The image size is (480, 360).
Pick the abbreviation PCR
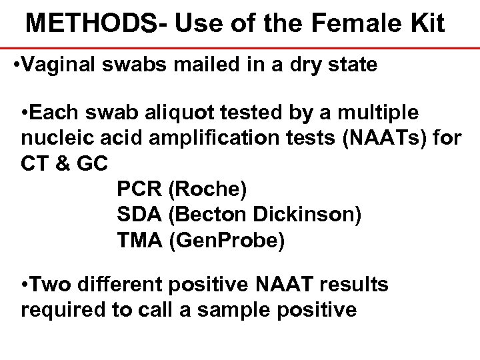tap(139, 190)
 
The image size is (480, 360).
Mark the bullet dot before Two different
tap(25, 285)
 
